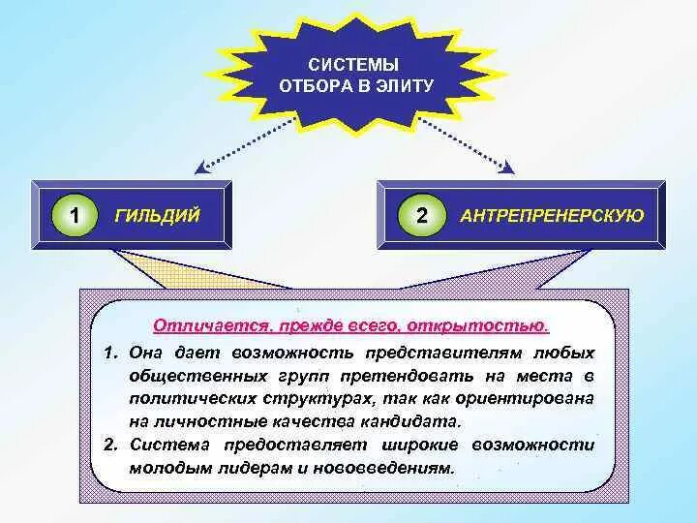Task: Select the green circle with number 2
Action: tap(421, 215)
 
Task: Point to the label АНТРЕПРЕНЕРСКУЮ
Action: tap(552, 215)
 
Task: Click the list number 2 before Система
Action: tap(110, 446)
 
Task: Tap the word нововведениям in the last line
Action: tap(387, 467)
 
